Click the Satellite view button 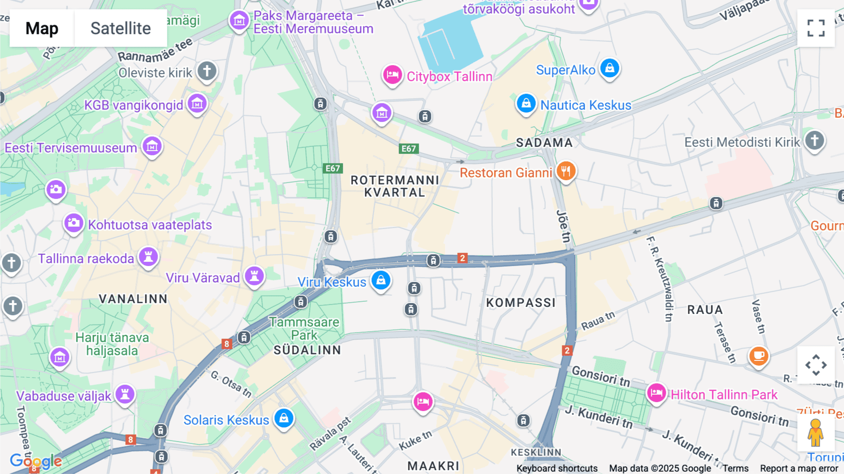(x=121, y=28)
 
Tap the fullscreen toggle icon (x=816, y=28)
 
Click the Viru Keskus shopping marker (x=381, y=280)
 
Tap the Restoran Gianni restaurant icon (x=566, y=171)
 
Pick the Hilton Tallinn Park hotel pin (x=656, y=393)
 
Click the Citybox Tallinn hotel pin (x=392, y=75)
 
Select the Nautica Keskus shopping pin (x=526, y=103)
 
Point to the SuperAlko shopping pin (x=610, y=69)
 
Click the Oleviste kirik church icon (x=207, y=71)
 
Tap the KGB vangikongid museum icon (x=197, y=104)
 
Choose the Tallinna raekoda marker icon (x=148, y=257)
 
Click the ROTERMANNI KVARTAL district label (x=395, y=186)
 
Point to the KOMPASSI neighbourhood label (x=520, y=303)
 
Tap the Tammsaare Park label (x=304, y=329)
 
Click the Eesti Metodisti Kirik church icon (x=814, y=140)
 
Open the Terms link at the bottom (x=735, y=468)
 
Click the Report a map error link (x=799, y=468)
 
